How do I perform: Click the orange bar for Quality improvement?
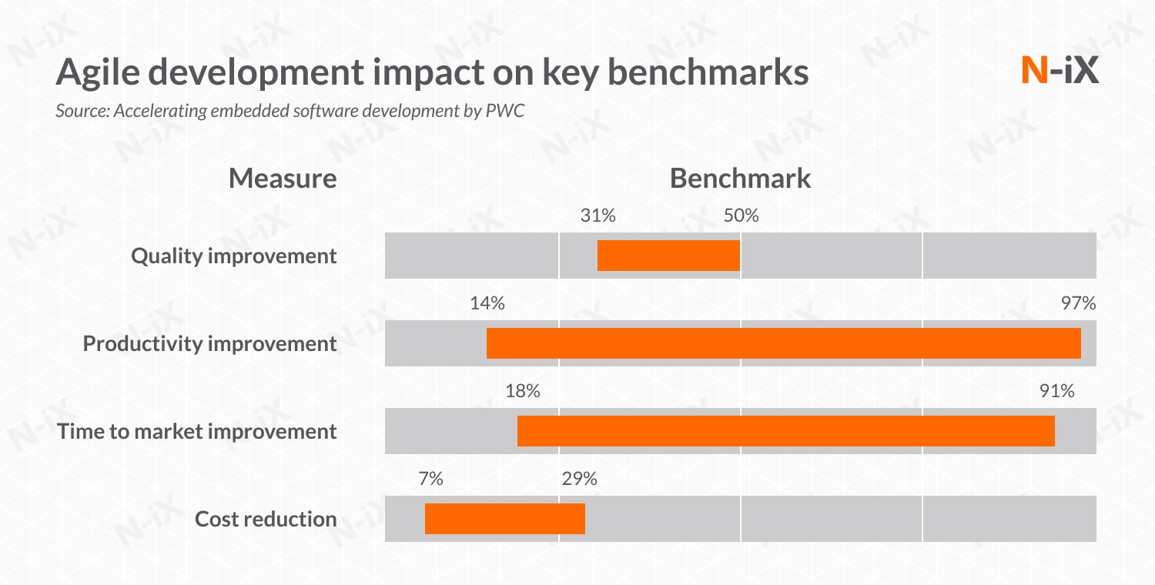coord(668,256)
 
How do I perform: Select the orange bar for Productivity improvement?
coord(783,343)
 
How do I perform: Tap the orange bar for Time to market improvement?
coord(785,431)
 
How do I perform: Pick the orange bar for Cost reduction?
coord(504,519)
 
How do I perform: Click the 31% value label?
coord(598,216)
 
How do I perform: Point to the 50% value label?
coord(741,216)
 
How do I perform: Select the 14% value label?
coord(487,304)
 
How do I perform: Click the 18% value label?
coord(522,392)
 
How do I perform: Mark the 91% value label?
coord(1056,392)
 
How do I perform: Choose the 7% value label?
coord(430,480)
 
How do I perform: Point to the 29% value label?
coord(579,480)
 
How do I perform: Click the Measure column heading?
coord(283,179)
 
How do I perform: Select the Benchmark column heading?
coord(740,179)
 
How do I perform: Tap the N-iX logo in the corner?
coord(1060,71)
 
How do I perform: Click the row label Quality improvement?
coord(234,256)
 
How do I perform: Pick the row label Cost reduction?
coord(266,520)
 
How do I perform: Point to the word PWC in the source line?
coord(505,111)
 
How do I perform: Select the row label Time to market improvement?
coord(197,432)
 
